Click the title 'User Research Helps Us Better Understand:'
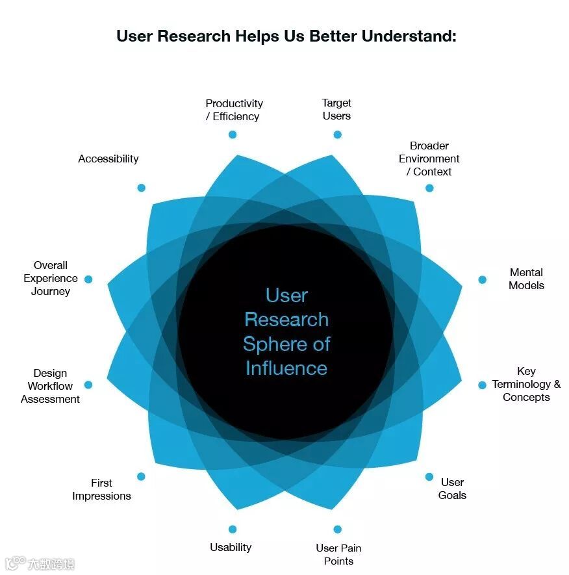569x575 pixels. (x=286, y=35)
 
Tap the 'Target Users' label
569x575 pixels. (x=336, y=109)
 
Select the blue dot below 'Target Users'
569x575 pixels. (x=337, y=134)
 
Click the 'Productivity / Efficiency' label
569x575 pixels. (x=234, y=110)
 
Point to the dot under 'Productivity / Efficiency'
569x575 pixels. (x=233, y=134)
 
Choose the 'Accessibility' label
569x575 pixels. (x=108, y=159)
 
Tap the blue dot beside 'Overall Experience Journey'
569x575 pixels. (x=88, y=279)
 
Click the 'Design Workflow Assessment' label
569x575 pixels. (x=50, y=386)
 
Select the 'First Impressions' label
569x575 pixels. (x=101, y=489)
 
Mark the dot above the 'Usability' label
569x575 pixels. (x=233, y=530)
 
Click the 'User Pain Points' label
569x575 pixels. (x=338, y=554)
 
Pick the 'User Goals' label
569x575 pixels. (x=452, y=489)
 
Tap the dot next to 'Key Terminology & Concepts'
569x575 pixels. (x=482, y=385)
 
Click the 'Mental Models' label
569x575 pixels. (x=526, y=279)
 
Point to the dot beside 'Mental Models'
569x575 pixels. (x=482, y=280)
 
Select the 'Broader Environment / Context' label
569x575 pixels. (x=429, y=159)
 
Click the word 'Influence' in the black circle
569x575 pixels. (x=286, y=368)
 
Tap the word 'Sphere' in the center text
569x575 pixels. (x=268, y=344)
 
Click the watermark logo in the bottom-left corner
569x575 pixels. (x=16, y=563)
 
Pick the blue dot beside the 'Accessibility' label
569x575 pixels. (x=141, y=188)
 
